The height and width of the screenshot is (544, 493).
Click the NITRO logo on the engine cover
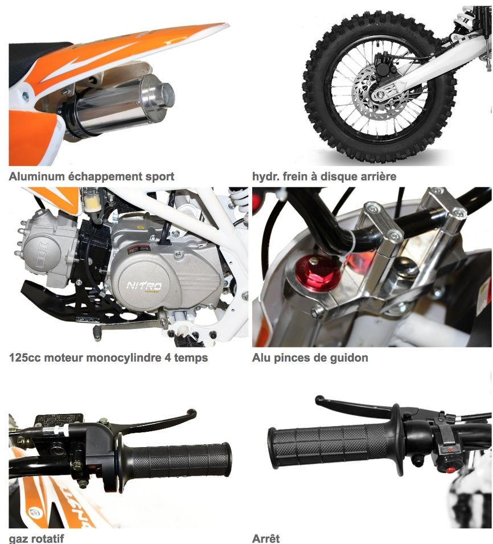tap(144, 286)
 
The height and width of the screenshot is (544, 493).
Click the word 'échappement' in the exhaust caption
tap(105, 177)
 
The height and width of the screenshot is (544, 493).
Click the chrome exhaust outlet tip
tap(162, 95)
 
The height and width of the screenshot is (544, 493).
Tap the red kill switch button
tap(450, 470)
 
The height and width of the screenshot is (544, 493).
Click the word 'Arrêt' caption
tap(266, 538)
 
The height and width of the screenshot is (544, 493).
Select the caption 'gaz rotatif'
tap(36, 539)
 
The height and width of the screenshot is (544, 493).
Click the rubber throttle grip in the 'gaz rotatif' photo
tap(178, 460)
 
